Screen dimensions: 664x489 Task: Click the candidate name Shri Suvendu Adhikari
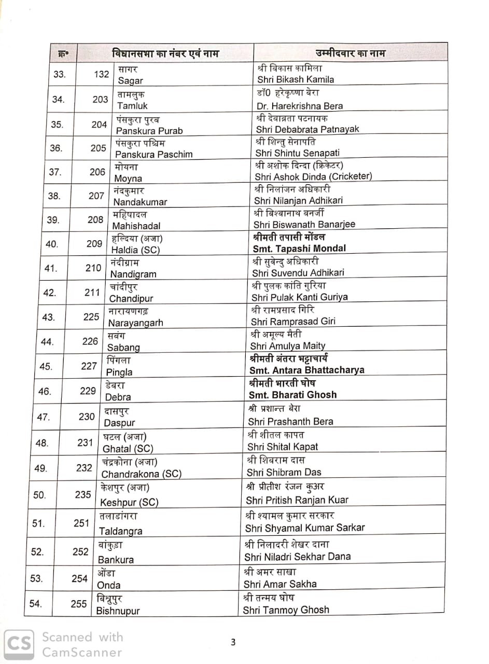point(298,272)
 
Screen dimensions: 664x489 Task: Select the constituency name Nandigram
point(133,274)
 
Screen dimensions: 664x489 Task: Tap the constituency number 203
point(100,100)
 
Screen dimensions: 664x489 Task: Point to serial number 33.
point(60,74)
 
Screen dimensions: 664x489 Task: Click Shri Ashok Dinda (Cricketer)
point(314,176)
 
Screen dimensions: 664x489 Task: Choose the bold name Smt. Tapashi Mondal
point(299,248)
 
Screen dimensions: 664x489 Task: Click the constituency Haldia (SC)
point(136,250)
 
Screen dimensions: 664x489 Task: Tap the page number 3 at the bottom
point(233,642)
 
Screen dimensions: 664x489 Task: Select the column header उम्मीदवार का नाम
point(350,53)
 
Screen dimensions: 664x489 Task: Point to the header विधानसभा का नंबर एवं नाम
point(165,53)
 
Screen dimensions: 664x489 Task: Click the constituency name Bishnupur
point(118,611)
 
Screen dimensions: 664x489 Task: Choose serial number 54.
point(35,603)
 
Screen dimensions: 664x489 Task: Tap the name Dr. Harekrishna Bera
point(300,106)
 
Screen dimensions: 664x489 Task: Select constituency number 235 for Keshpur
point(82,494)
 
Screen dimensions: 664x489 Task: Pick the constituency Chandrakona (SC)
point(141,474)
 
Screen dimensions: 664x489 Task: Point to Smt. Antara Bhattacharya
point(306,370)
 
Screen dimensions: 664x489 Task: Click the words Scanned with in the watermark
point(82,637)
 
